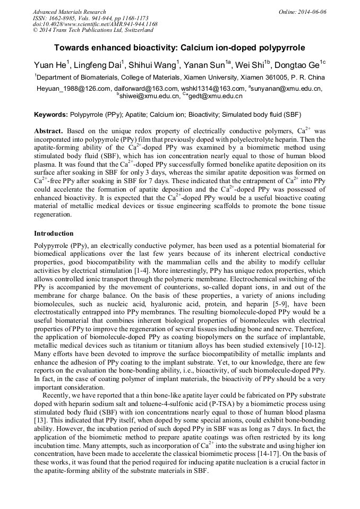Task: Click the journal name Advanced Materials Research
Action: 69,12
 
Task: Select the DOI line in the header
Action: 95,24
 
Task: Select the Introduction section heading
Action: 54,233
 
